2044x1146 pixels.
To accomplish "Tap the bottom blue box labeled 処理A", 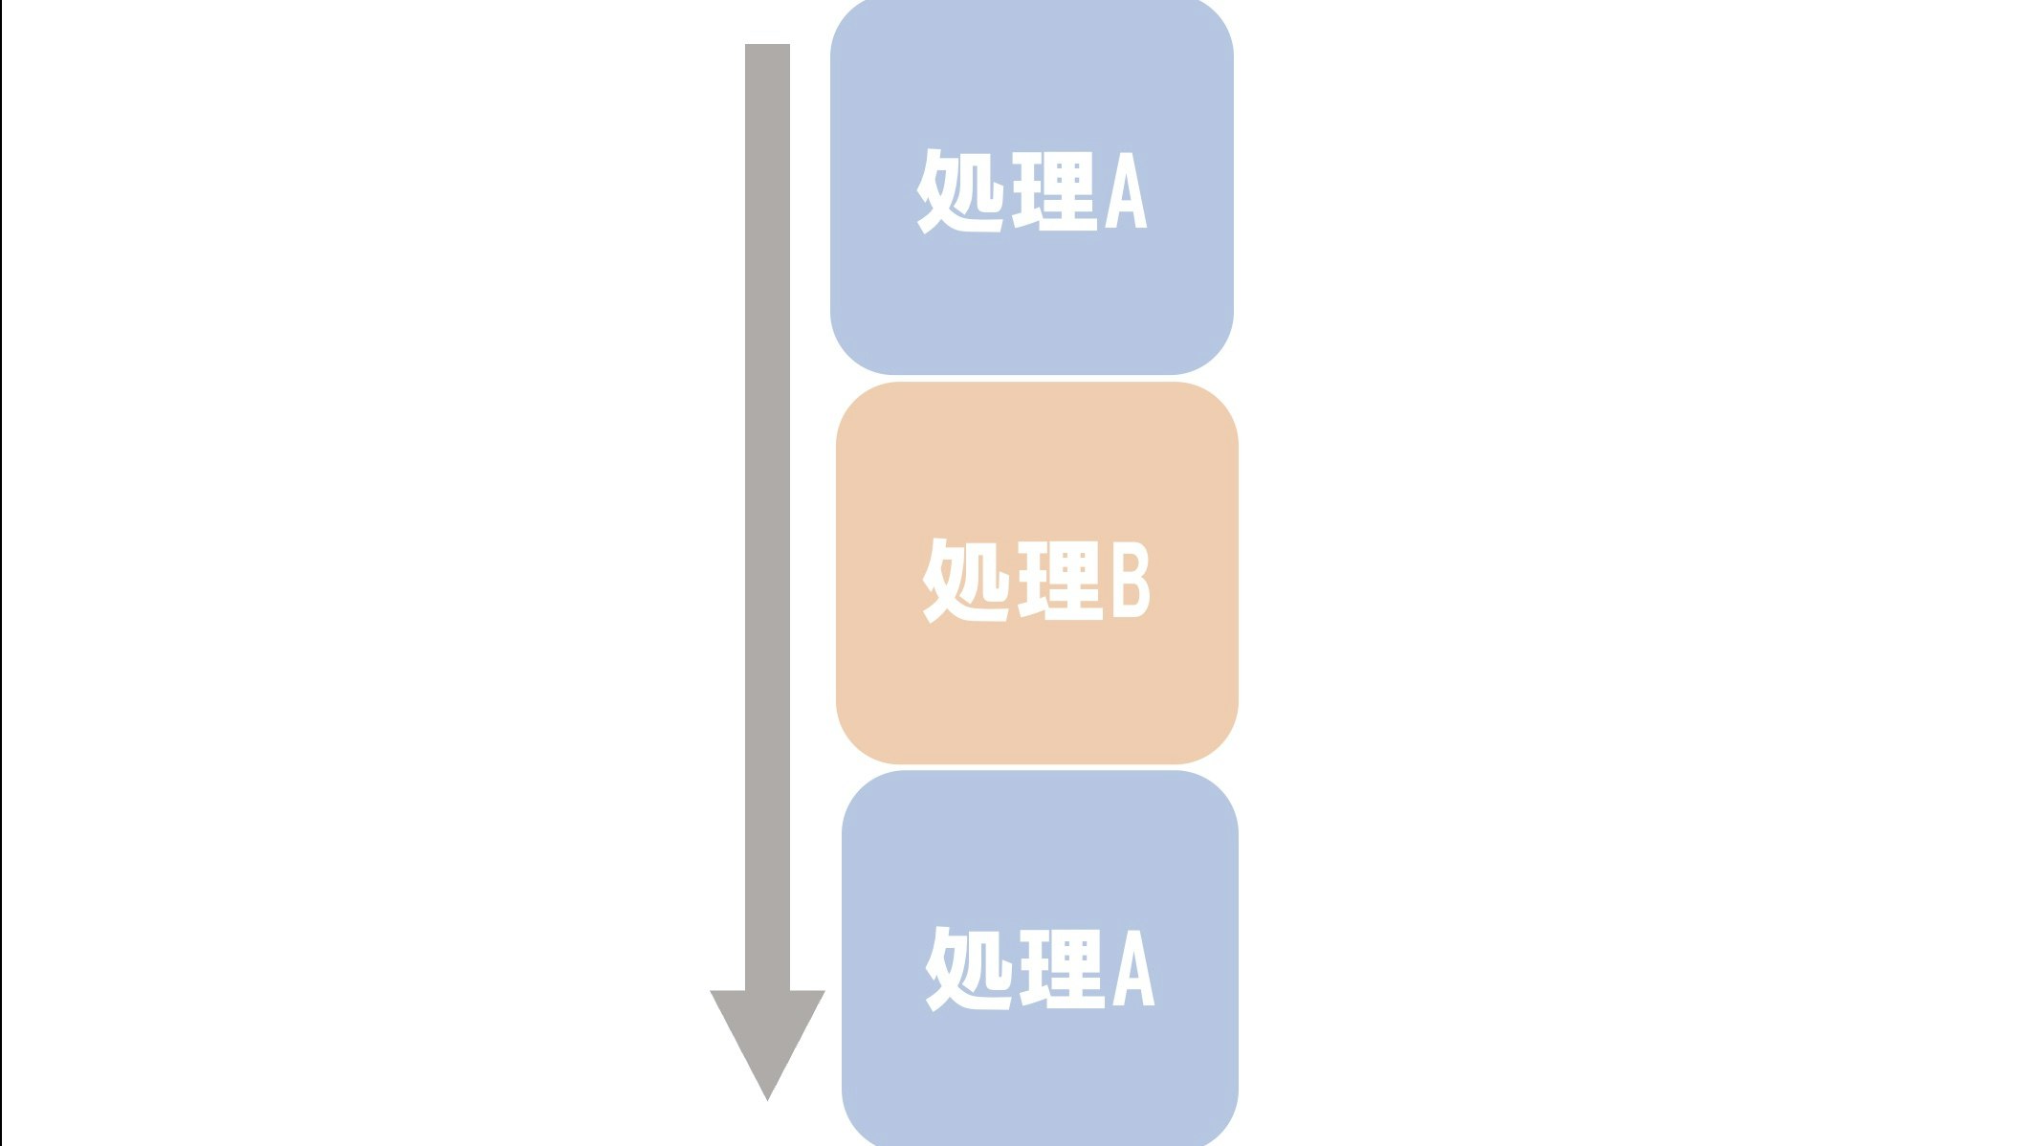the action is point(1040,1071).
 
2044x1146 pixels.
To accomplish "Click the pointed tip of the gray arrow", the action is point(767,1095).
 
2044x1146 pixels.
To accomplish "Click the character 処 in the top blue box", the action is point(959,191).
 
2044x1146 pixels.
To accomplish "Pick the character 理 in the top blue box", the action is point(1053,191).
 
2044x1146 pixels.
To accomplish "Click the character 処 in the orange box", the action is point(965,580).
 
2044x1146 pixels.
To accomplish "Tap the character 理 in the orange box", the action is point(1058,580).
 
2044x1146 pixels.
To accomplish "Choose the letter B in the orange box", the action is point(1130,581).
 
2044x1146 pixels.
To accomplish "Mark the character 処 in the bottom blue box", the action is point(968,968).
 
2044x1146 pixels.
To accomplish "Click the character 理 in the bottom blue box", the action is point(1061,968).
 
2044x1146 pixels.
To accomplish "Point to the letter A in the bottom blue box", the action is point(1133,970).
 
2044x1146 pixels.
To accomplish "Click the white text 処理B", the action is point(1037,580).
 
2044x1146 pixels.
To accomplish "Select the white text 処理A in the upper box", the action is point(1031,191).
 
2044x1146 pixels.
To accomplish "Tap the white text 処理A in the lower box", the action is point(1040,968).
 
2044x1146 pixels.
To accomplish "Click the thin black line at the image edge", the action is point(1,574).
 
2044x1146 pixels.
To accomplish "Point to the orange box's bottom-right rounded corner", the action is point(1220,746).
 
